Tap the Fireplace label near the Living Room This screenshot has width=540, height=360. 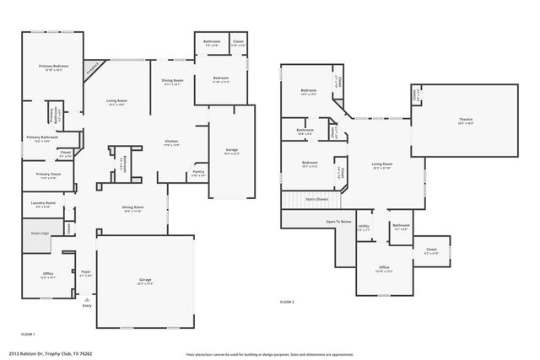point(94,68)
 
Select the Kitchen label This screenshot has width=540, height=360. point(171,141)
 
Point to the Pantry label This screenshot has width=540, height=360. point(198,171)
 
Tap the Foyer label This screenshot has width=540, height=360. point(85,271)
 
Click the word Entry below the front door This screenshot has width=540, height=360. point(86,305)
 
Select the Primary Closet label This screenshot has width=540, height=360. point(49,175)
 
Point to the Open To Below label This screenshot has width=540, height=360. point(337,221)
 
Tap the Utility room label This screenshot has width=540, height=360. point(364,226)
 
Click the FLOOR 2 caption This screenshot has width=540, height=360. point(287,301)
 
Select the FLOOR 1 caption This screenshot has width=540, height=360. point(28,334)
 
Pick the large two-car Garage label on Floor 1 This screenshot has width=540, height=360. point(145,280)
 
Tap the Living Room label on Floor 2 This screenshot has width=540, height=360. point(382,164)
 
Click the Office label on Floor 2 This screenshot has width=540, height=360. point(384,267)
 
